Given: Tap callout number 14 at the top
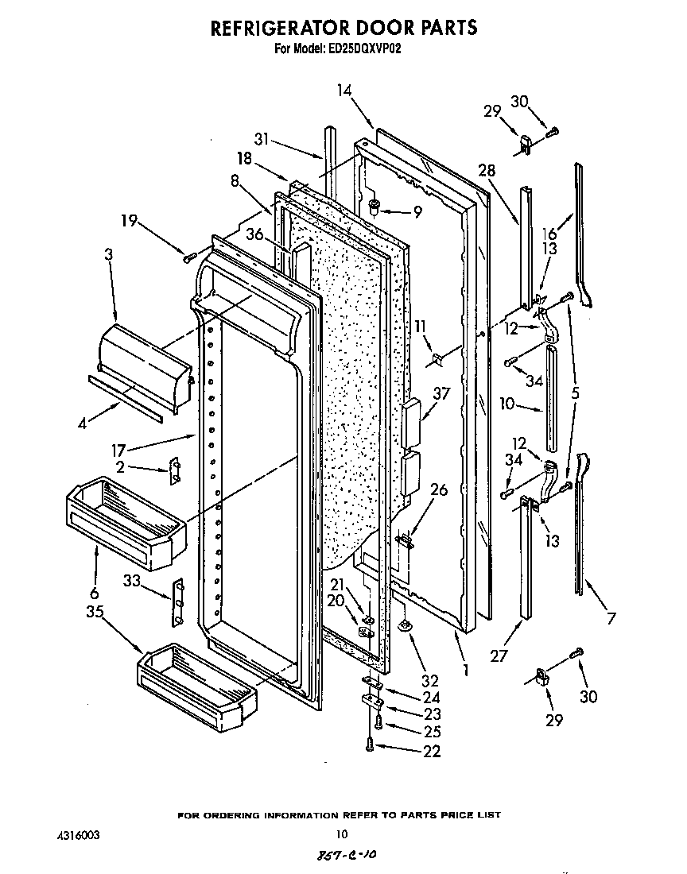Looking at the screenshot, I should pos(343,91).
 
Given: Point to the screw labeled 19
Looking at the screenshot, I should pos(189,257).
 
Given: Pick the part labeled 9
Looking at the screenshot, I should pos(375,208).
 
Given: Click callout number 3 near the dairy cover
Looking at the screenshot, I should pos(109,255).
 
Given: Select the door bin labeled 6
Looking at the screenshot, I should pos(123,520).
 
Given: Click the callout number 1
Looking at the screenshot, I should pos(465,669).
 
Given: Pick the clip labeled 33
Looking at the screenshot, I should pos(178,592).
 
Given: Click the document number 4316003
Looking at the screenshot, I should pos(79,835).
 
